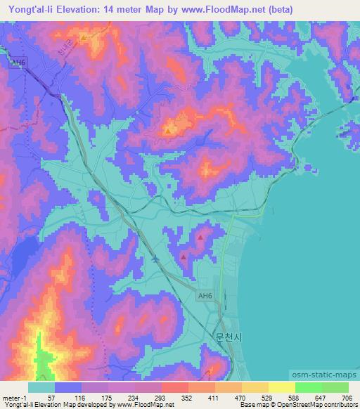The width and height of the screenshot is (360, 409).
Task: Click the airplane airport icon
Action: tap(155, 259)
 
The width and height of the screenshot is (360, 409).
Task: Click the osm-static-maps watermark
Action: tap(326, 375)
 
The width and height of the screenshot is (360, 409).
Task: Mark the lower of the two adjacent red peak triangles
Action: tap(184, 258)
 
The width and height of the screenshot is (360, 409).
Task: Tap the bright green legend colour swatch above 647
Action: tap(308, 387)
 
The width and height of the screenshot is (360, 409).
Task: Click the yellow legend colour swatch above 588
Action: tap(281, 387)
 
